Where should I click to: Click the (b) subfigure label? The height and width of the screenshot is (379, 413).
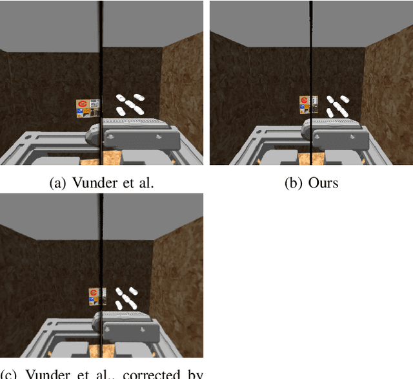click(294, 183)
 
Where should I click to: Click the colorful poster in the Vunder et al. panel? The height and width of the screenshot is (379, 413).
click(88, 108)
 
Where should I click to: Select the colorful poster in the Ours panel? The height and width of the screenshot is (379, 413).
click(308, 104)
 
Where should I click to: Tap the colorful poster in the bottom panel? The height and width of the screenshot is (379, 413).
click(96, 297)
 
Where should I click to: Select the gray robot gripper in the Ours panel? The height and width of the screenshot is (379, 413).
click(339, 133)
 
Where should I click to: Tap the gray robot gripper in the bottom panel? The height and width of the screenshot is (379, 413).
click(129, 327)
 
